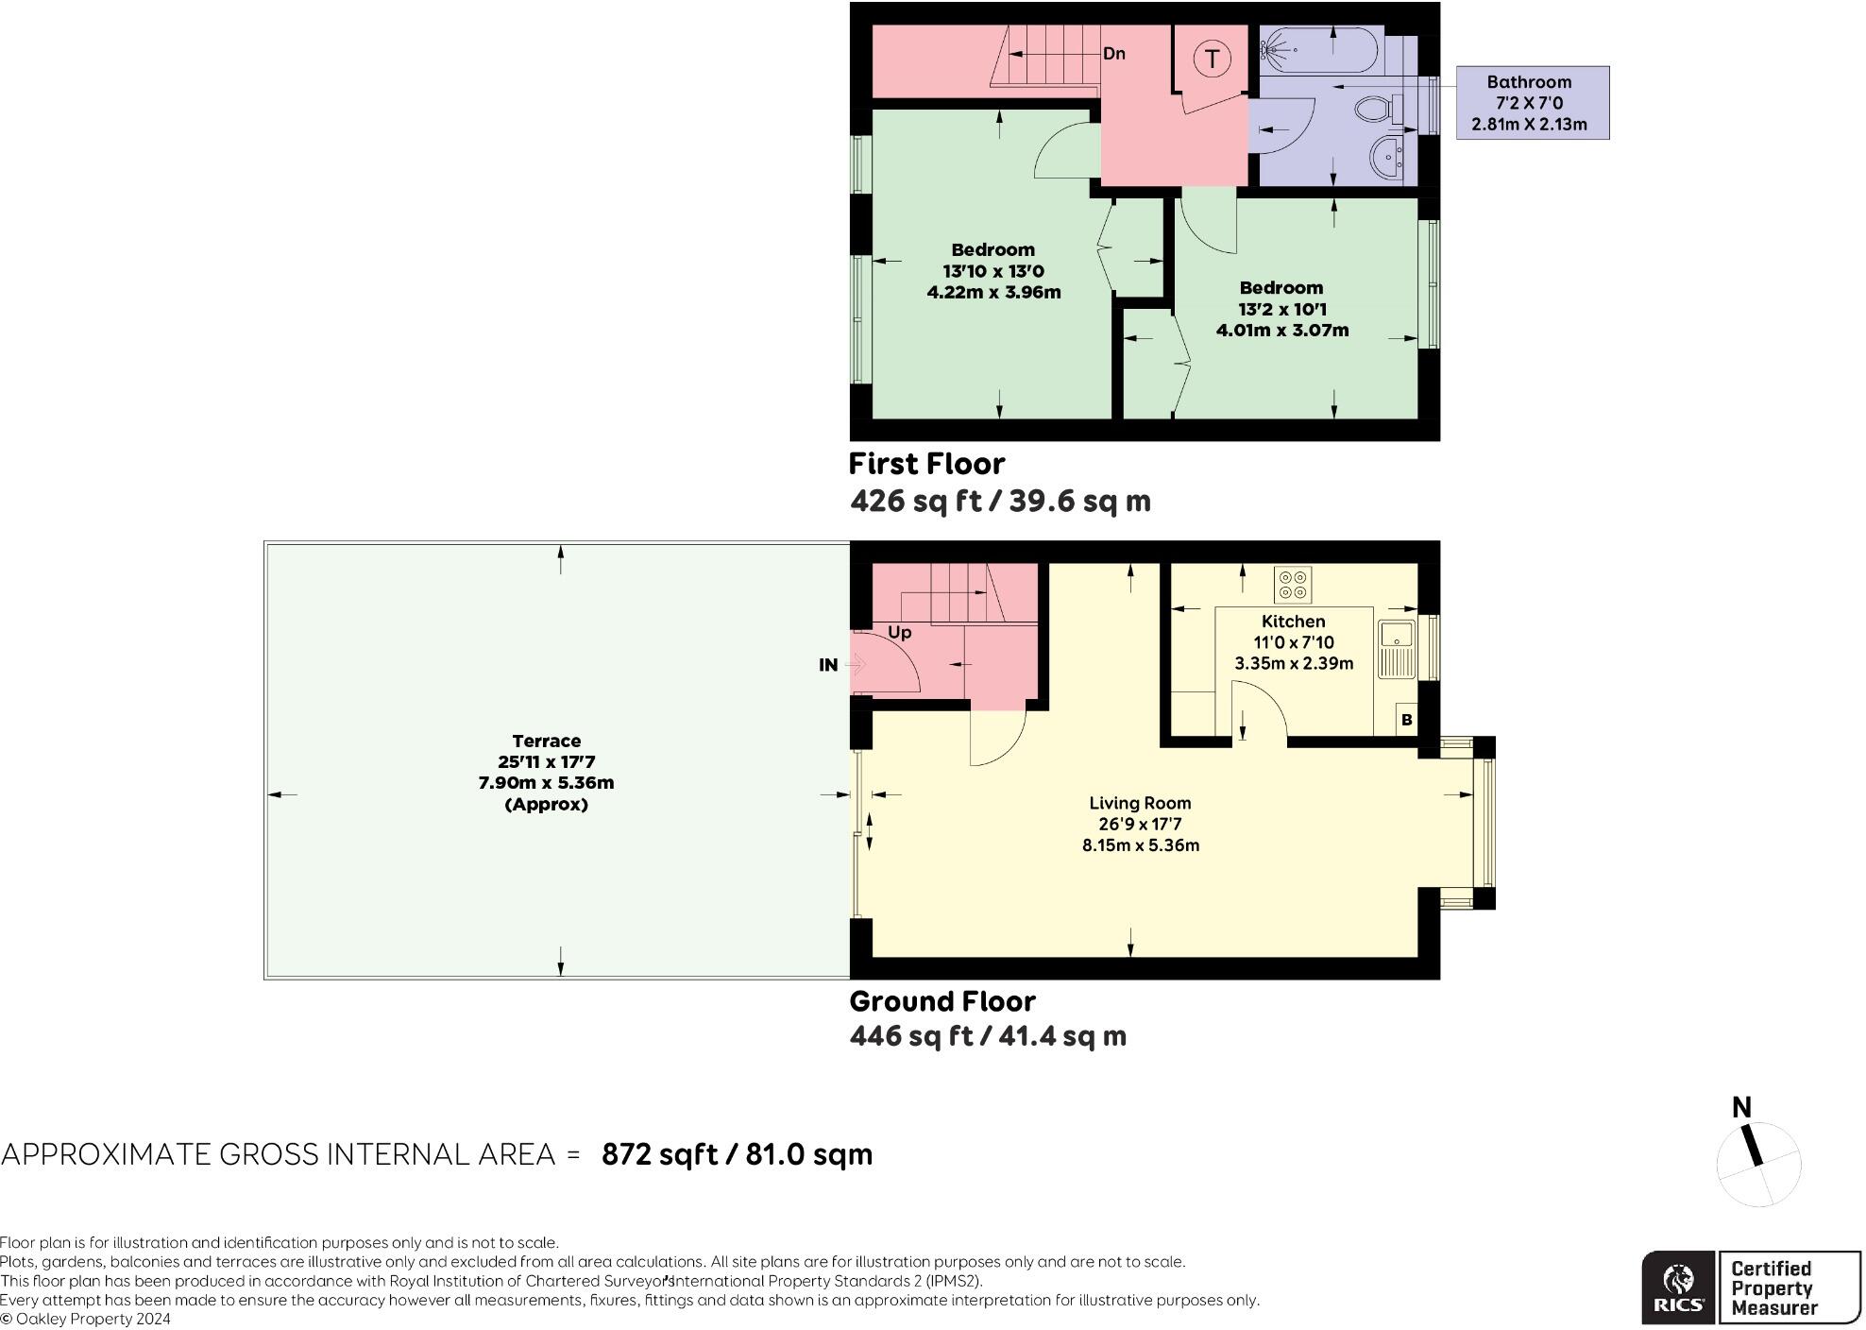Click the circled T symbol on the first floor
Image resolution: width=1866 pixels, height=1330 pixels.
pos(1212,60)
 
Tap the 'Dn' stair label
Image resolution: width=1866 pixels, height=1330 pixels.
pos(1114,54)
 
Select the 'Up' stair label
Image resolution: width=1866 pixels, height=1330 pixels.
pos(899,632)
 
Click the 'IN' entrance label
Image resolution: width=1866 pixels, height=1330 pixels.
pos(828,665)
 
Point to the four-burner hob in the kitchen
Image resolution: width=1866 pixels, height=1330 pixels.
pos(1293,585)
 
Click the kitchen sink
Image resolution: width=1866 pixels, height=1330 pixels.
pos(1396,649)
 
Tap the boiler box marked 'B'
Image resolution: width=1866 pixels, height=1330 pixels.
pos(1407,720)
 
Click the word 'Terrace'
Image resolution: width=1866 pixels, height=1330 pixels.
pos(547,742)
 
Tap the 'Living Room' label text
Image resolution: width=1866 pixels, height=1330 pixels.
pos(1140,803)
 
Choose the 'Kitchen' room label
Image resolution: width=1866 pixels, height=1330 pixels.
pos(1294,622)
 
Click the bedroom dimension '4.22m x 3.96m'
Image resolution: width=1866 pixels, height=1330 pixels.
pos(993,292)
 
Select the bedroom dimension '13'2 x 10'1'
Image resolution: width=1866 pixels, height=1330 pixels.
pos(1281,309)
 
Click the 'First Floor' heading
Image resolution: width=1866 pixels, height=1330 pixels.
pos(926,464)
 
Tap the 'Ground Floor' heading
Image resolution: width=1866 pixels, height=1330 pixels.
pos(942,1001)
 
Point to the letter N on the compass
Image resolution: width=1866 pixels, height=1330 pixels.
pos(1741,1107)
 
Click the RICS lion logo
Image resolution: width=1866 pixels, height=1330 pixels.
pos(1678,1287)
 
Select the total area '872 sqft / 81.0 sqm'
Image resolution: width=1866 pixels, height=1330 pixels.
pos(738,1154)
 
